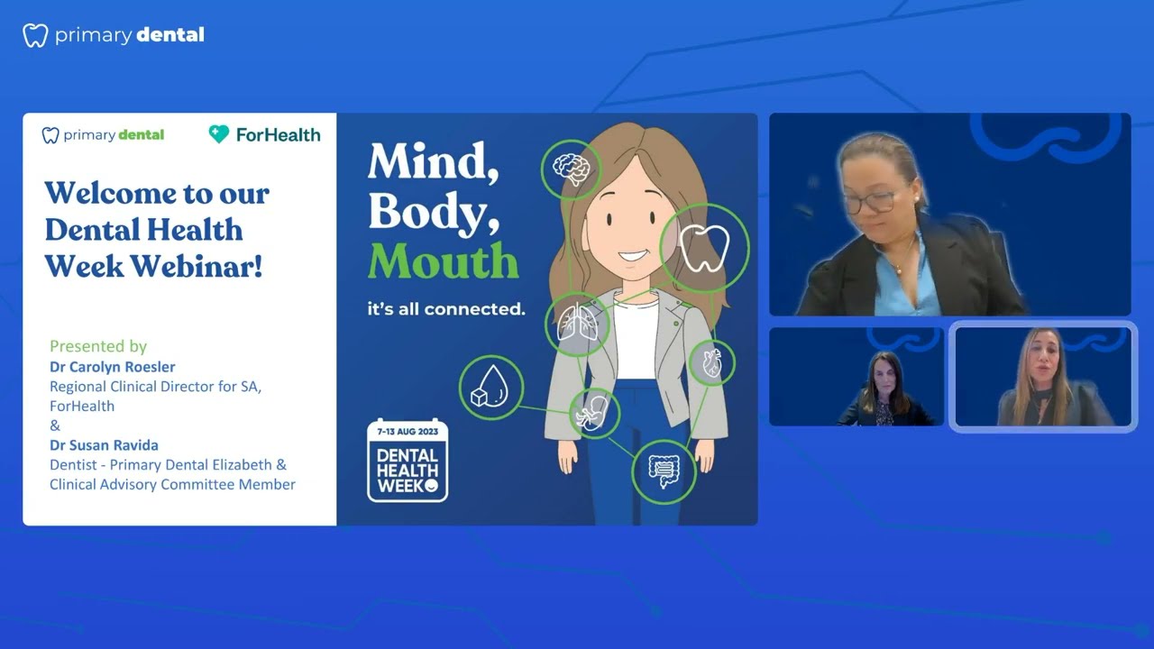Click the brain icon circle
[572, 169]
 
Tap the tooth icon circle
[704, 247]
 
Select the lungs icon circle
[577, 324]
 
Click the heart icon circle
[711, 363]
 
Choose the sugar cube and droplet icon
[491, 388]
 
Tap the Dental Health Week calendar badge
[408, 460]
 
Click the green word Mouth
[443, 261]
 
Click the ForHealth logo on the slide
[264, 134]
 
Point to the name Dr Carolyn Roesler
[113, 367]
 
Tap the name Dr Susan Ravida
[105, 445]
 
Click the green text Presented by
[98, 346]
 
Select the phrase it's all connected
[445, 309]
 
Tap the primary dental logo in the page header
[114, 35]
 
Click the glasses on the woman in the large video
[867, 202]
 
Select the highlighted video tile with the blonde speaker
[1042, 377]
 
